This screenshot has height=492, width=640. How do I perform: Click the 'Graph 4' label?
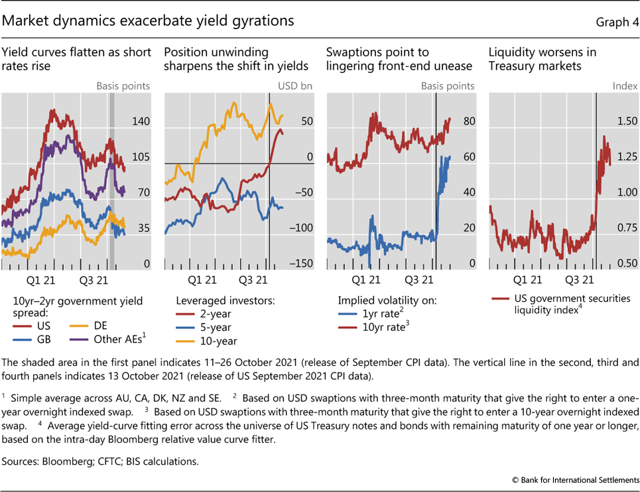617,22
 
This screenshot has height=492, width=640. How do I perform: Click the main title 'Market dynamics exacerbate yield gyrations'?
148,21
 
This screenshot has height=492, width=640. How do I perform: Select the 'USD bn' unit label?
298,86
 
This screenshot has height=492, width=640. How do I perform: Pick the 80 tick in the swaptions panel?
469,122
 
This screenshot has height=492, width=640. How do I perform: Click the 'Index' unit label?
625,86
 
